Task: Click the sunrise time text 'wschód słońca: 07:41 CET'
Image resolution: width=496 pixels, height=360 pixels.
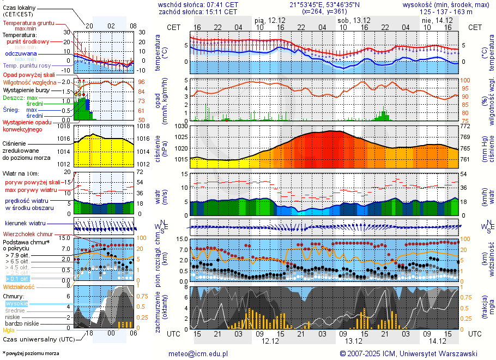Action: coord(197,4)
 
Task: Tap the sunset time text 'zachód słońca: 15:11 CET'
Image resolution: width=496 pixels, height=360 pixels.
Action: coord(197,11)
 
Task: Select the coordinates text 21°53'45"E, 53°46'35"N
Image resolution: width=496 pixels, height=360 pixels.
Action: coord(324,4)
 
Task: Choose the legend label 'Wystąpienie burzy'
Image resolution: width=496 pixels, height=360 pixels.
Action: coord(25,89)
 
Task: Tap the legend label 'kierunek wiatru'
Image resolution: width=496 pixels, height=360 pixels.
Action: coord(25,224)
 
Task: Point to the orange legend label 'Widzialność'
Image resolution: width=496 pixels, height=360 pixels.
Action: coord(19,286)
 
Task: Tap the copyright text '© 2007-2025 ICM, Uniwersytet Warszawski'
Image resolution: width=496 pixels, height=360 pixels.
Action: coord(408,353)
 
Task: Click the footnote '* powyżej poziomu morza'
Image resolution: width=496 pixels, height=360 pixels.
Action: coord(31,353)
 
